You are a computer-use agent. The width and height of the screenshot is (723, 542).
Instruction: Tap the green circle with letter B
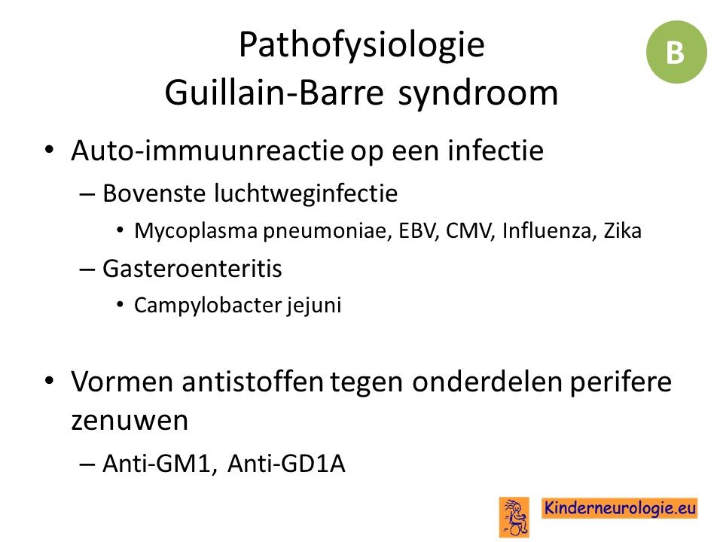click(676, 52)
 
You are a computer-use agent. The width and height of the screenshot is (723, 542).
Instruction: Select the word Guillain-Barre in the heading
click(274, 92)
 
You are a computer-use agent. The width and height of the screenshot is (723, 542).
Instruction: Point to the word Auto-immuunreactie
click(208, 151)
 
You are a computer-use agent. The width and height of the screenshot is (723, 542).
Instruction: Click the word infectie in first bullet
click(496, 151)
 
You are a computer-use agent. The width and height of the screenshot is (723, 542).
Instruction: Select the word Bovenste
click(154, 193)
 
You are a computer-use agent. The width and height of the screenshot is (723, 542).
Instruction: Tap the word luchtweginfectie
click(306, 193)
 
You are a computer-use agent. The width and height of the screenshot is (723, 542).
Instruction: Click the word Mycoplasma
click(196, 231)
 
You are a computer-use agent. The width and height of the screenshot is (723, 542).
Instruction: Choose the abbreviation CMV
click(470, 231)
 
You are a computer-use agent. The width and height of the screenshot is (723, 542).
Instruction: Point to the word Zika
click(623, 231)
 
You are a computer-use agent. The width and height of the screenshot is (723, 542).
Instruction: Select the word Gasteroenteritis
click(192, 269)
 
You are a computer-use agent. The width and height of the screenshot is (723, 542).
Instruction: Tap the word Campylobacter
click(208, 306)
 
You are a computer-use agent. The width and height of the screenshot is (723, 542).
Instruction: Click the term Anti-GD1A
click(286, 463)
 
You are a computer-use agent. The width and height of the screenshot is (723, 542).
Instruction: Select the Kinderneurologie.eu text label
click(619, 508)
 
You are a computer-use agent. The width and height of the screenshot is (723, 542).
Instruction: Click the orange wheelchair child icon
click(514, 517)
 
